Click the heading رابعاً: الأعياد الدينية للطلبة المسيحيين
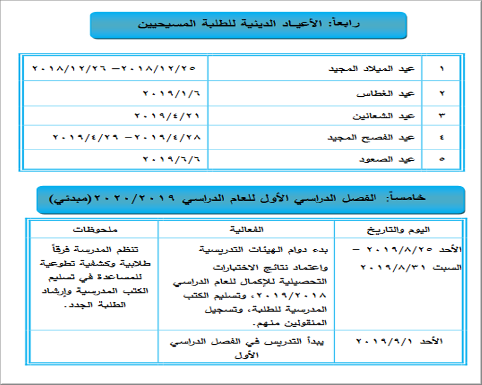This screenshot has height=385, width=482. tap(249, 24)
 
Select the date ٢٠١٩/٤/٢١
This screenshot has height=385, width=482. tap(167, 115)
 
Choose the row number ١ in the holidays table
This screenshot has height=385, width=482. tap(442, 68)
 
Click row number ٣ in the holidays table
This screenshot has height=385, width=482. tap(442, 115)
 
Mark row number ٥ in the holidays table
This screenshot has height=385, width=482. tap(442, 159)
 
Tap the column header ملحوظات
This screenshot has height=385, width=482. tap(94, 229)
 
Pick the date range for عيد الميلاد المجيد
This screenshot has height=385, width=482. tap(114, 68)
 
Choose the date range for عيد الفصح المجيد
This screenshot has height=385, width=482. tap(126, 138)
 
